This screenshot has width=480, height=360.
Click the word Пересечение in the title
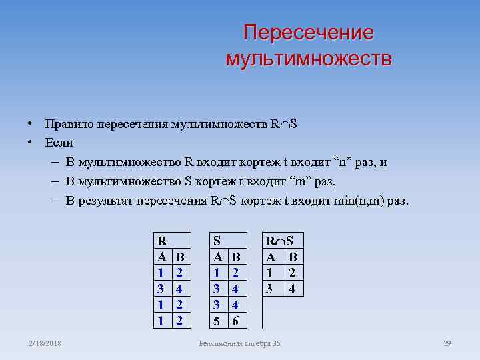[x=309, y=33]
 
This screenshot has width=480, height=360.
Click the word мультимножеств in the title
[x=309, y=58]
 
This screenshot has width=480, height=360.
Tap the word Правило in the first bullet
[x=69, y=124]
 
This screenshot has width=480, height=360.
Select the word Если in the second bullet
[x=59, y=143]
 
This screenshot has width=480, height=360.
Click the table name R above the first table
[x=161, y=240]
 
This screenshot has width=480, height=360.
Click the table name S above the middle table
[x=217, y=240]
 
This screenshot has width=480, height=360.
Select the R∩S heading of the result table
[x=283, y=240]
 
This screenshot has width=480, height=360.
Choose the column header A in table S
[x=217, y=256]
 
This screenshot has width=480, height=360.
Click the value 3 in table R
[x=161, y=288]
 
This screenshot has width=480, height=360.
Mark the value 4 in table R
[x=179, y=288]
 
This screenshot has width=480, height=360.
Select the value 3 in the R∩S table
[x=270, y=288]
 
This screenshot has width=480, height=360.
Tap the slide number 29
[x=447, y=343]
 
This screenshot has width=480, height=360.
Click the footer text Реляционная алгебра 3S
[x=240, y=343]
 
